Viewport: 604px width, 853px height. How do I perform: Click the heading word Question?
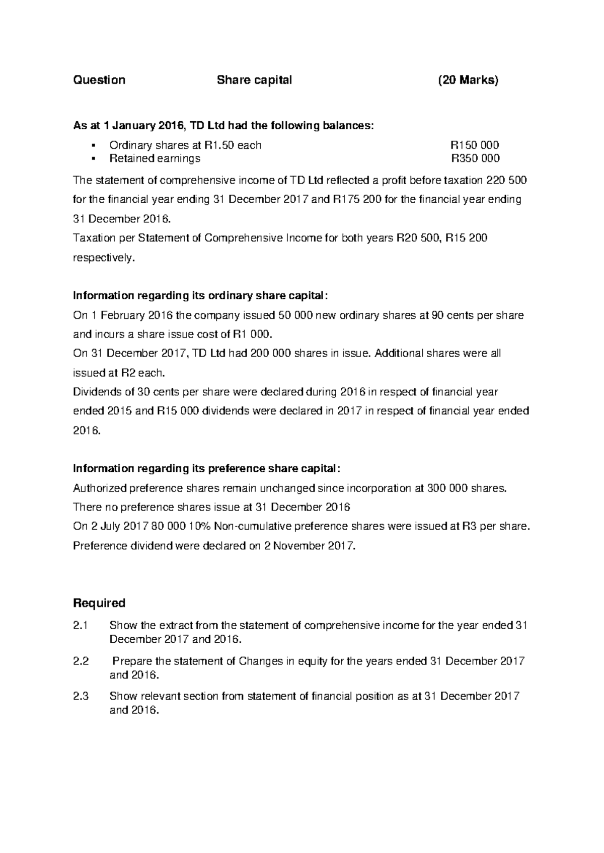click(x=99, y=80)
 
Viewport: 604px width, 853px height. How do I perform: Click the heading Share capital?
click(x=254, y=80)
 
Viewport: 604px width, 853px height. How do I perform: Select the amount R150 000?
click(x=475, y=145)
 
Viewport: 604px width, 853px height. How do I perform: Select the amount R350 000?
click(x=475, y=158)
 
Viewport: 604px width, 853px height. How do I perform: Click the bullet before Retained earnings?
click(x=94, y=158)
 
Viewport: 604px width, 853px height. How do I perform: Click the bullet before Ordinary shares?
click(x=94, y=145)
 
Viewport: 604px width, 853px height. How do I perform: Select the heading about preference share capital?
click(x=206, y=469)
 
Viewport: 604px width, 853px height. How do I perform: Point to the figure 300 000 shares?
click(x=466, y=488)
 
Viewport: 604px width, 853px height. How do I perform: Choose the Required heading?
click(x=99, y=603)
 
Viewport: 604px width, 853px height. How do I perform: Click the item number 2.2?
click(x=81, y=661)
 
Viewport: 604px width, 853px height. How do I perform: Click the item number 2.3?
click(x=81, y=697)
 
